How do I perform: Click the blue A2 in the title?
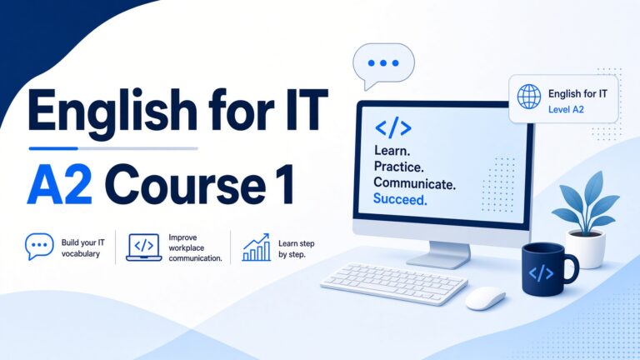point(60,184)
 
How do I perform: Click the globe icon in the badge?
point(529,97)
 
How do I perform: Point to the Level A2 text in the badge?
point(566,109)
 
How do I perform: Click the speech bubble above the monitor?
point(383,65)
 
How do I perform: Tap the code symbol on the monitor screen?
point(393,128)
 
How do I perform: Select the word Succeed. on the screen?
point(400,199)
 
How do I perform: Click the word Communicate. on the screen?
point(414,182)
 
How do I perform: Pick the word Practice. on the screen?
point(399,167)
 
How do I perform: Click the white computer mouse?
point(485,298)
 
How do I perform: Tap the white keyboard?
point(394,283)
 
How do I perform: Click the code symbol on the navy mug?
point(541,273)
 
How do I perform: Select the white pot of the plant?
point(586,249)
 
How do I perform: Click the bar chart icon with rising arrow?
point(257,247)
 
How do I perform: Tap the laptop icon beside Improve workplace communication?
point(143,247)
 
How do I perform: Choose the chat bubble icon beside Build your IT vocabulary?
point(39,246)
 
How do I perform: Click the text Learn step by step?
point(297,249)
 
